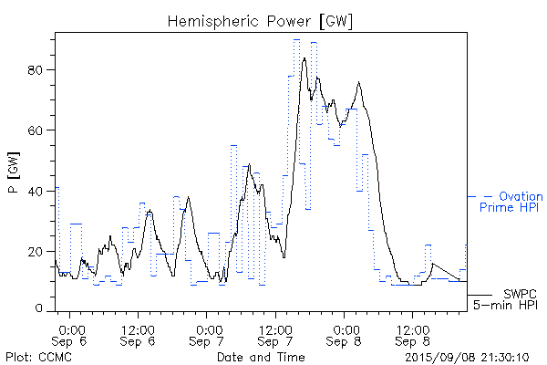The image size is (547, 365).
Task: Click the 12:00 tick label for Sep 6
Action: (x=139, y=328)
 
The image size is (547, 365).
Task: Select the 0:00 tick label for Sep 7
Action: (x=208, y=328)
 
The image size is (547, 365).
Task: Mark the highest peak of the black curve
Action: (x=304, y=58)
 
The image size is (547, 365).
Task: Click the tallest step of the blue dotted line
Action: (x=296, y=40)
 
